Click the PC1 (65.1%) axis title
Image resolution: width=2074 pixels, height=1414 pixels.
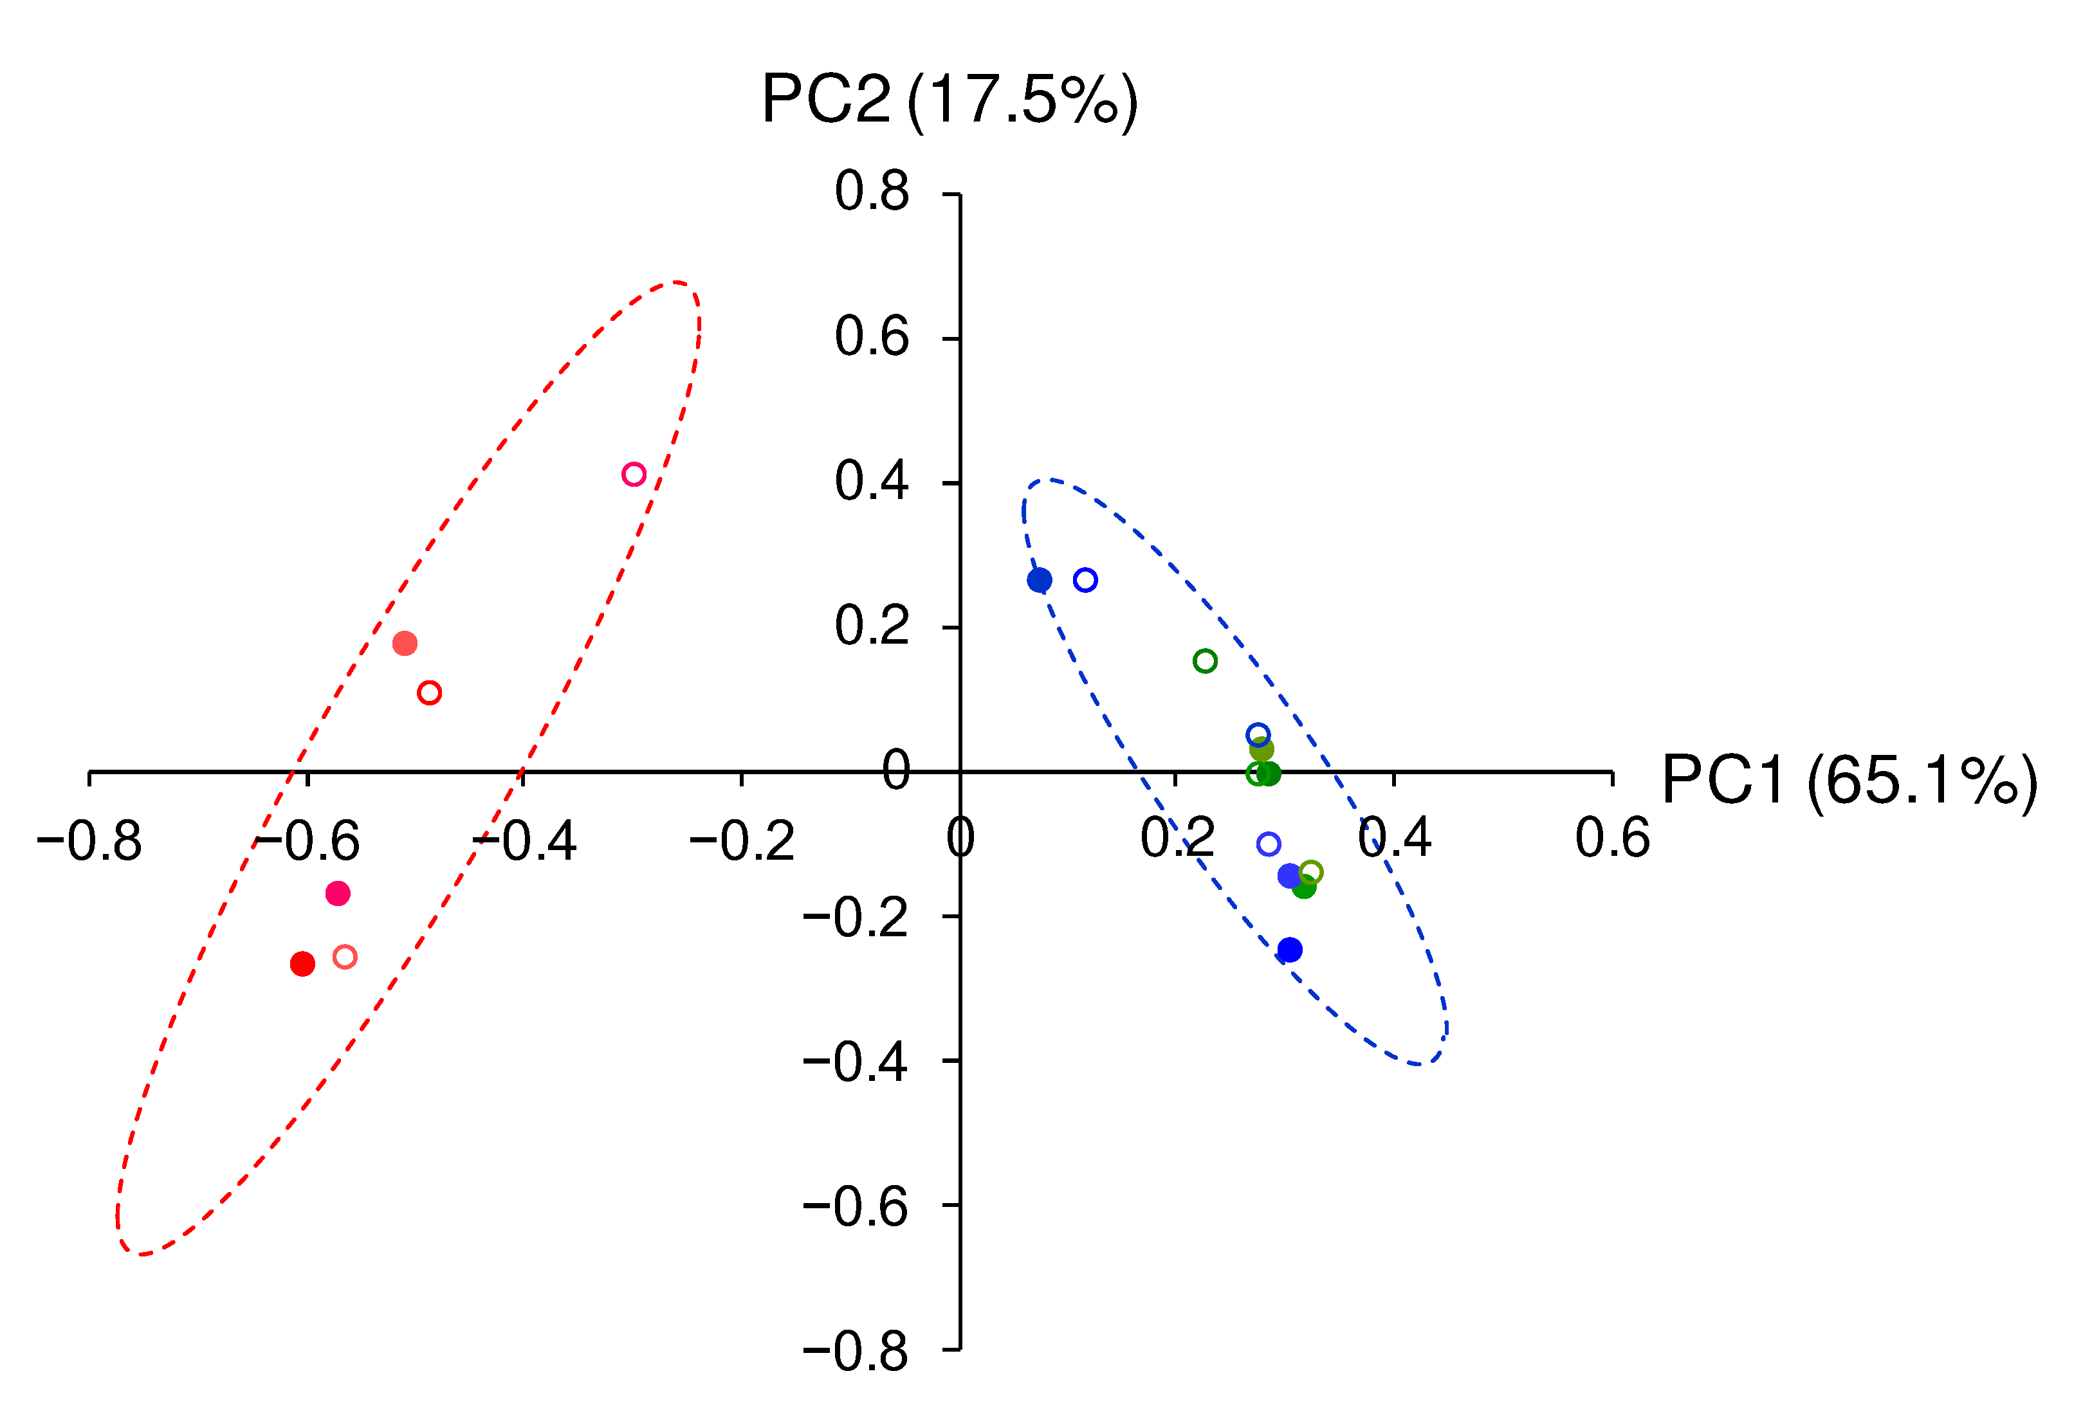pos(1849,781)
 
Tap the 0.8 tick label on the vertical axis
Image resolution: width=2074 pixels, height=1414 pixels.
pos(871,191)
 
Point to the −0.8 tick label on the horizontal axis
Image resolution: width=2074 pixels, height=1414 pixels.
pos(89,841)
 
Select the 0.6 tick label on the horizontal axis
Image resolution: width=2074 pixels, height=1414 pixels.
pos(1611,838)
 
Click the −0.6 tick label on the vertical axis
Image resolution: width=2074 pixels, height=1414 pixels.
pos(855,1207)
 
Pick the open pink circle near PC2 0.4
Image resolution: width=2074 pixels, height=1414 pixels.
pos(634,475)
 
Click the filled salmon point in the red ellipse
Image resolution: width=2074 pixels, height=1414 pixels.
pos(405,643)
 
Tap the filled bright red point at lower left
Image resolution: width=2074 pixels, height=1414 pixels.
pos(302,963)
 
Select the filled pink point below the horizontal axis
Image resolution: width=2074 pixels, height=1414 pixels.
pos(337,894)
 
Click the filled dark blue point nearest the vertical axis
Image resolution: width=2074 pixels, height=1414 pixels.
pos(1040,581)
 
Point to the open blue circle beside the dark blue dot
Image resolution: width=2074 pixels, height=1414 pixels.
pos(1085,580)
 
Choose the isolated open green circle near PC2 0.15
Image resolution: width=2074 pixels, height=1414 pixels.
pos(1205,661)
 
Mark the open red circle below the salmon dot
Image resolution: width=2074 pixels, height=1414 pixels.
pos(429,693)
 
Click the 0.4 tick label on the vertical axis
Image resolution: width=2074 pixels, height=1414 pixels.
pos(871,482)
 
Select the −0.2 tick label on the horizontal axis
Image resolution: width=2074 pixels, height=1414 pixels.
pos(742,841)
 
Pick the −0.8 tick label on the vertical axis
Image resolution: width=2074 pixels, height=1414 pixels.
pos(855,1352)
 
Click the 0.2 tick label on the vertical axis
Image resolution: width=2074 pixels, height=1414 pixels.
pos(871,626)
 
